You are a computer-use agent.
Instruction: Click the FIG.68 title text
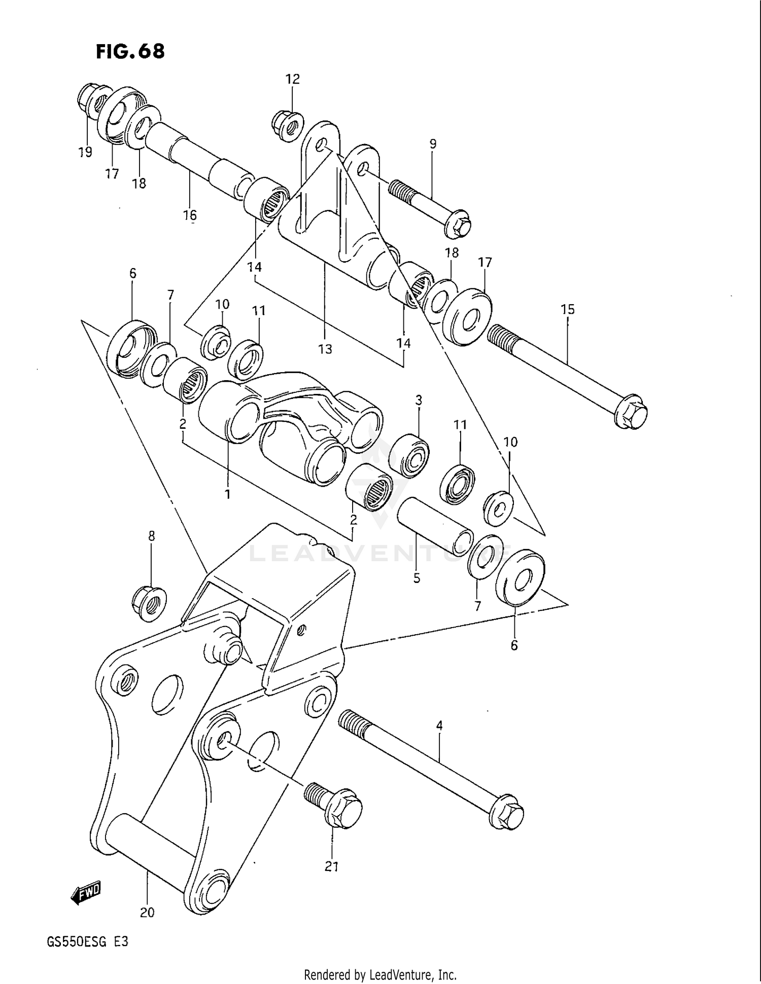[130, 51]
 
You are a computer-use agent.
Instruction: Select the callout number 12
[292, 79]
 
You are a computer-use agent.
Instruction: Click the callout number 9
[433, 144]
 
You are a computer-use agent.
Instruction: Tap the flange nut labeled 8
[150, 603]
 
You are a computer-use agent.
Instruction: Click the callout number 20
[147, 913]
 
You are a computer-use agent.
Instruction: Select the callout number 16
[190, 215]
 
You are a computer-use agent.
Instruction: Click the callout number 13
[325, 349]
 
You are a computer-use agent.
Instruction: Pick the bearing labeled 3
[408, 455]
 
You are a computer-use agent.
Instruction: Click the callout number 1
[227, 493]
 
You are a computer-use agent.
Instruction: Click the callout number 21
[331, 867]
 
